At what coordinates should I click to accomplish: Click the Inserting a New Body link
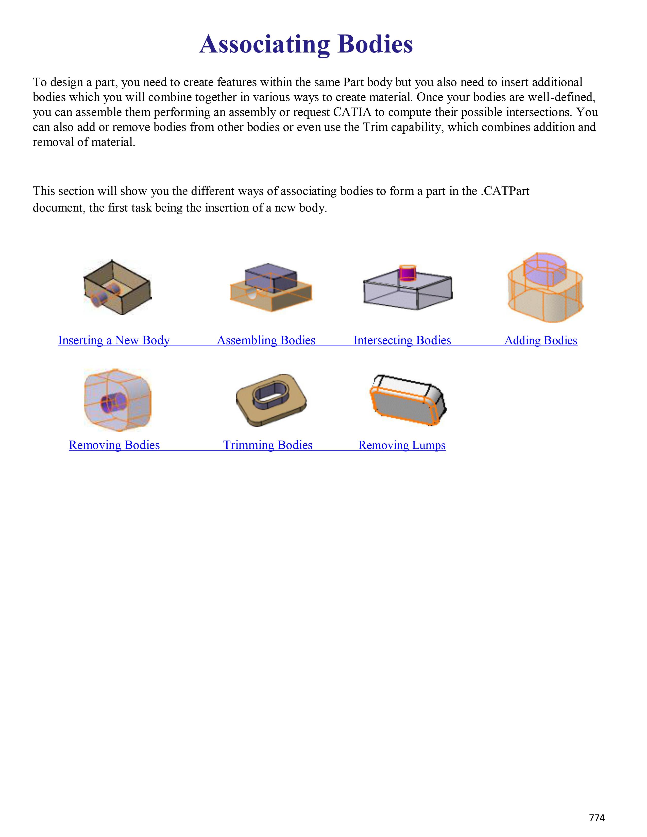coord(114,340)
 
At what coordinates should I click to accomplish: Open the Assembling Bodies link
coord(266,340)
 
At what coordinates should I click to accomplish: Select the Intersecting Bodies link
coord(402,340)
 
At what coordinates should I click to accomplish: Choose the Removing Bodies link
coord(114,445)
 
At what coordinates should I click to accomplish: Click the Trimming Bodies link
coord(267,445)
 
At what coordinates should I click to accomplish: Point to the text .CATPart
coord(505,191)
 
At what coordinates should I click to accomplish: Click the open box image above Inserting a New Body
coord(117,287)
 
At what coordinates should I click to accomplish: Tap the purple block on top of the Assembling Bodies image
coord(271,277)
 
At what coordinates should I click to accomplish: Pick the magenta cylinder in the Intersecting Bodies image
coord(407,273)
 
